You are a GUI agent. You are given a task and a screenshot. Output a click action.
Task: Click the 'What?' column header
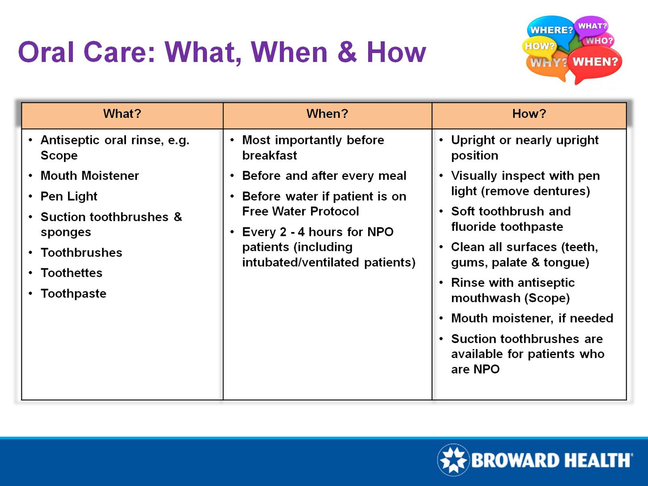click(122, 114)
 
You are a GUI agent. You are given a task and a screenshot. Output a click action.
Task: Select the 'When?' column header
click(327, 114)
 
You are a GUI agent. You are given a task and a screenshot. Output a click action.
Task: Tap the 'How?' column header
click(529, 114)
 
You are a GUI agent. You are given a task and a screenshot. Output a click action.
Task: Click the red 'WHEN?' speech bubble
click(595, 63)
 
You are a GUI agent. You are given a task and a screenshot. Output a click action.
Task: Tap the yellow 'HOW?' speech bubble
click(539, 46)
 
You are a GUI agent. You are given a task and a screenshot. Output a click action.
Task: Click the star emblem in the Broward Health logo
click(453, 460)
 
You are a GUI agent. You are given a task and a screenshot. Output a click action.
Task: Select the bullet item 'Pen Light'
click(69, 197)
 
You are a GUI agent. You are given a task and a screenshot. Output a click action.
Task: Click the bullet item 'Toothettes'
click(71, 273)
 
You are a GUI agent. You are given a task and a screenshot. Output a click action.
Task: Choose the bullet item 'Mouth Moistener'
click(89, 176)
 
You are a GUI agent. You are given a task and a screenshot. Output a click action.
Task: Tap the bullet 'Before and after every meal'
click(324, 176)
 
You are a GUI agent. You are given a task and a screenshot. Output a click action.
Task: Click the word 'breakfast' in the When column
click(270, 156)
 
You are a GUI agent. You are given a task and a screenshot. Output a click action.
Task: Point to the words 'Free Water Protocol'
click(300, 212)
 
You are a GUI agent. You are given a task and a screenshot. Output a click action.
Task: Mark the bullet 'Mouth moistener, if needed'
click(532, 318)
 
